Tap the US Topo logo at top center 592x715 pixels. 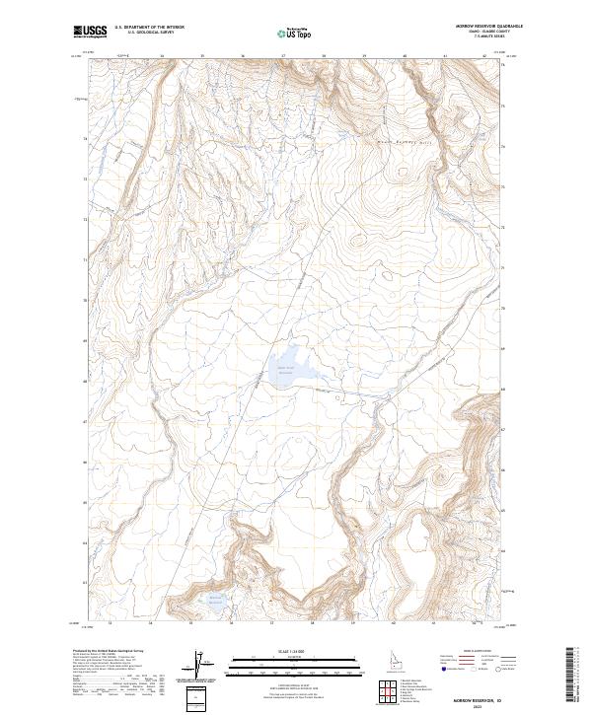pyautogui.click(x=297, y=34)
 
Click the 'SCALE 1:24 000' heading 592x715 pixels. pyautogui.click(x=295, y=652)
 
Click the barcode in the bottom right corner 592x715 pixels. pyautogui.click(x=573, y=675)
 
